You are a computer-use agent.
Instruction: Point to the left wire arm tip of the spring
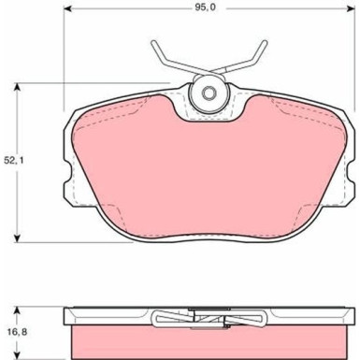pyautogui.click(x=152, y=45)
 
